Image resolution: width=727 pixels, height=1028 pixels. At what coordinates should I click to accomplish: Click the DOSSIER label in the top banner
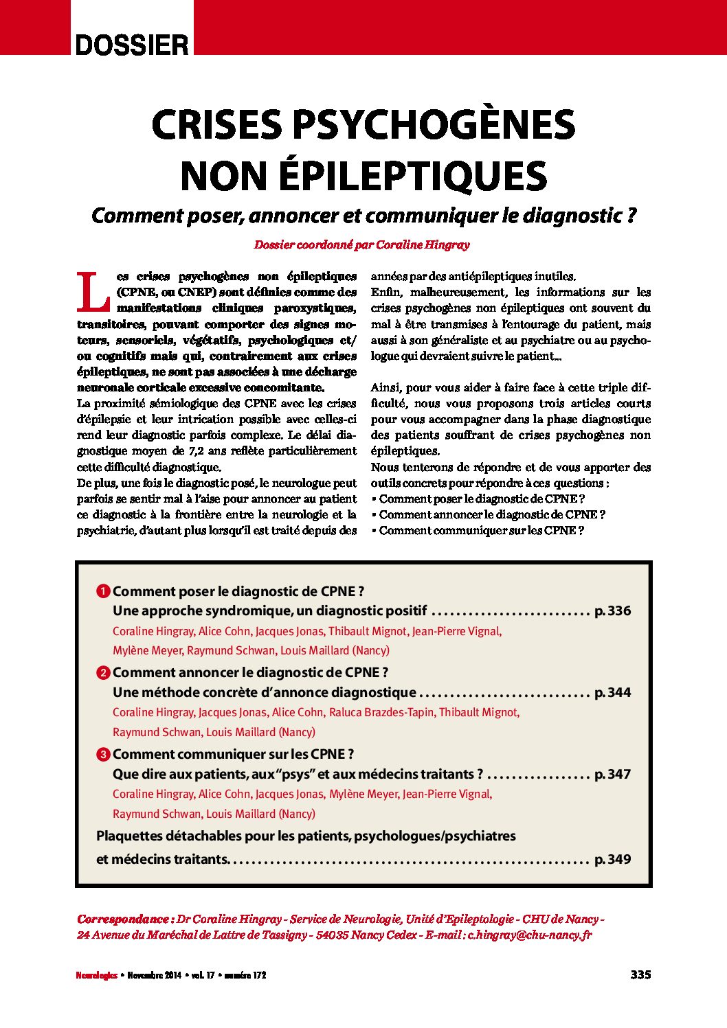point(132,45)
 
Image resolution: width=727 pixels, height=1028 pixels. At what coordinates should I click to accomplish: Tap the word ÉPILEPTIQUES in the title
point(412,176)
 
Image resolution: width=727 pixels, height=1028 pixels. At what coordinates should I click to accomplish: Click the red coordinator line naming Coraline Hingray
point(362,244)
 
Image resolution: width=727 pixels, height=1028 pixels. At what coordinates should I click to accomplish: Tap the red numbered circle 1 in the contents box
point(103,591)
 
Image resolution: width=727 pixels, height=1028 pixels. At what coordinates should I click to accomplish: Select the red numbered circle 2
point(103,673)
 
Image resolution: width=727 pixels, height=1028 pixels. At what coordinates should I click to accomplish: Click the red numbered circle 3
point(103,755)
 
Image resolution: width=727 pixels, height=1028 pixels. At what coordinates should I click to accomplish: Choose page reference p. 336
point(612,611)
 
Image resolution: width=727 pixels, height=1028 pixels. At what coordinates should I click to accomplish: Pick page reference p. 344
point(612,692)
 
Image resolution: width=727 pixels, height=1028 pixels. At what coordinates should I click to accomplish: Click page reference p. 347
point(612,774)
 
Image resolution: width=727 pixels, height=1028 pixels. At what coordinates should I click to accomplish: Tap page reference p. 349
point(612,859)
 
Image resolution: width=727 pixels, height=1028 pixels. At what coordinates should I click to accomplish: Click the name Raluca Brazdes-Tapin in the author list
point(381,712)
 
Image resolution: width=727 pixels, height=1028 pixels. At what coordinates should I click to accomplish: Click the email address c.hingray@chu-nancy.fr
point(529,935)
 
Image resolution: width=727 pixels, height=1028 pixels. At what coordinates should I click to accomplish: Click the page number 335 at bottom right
point(640,974)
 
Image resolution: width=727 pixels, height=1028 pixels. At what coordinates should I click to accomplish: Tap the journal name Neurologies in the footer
point(97,975)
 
